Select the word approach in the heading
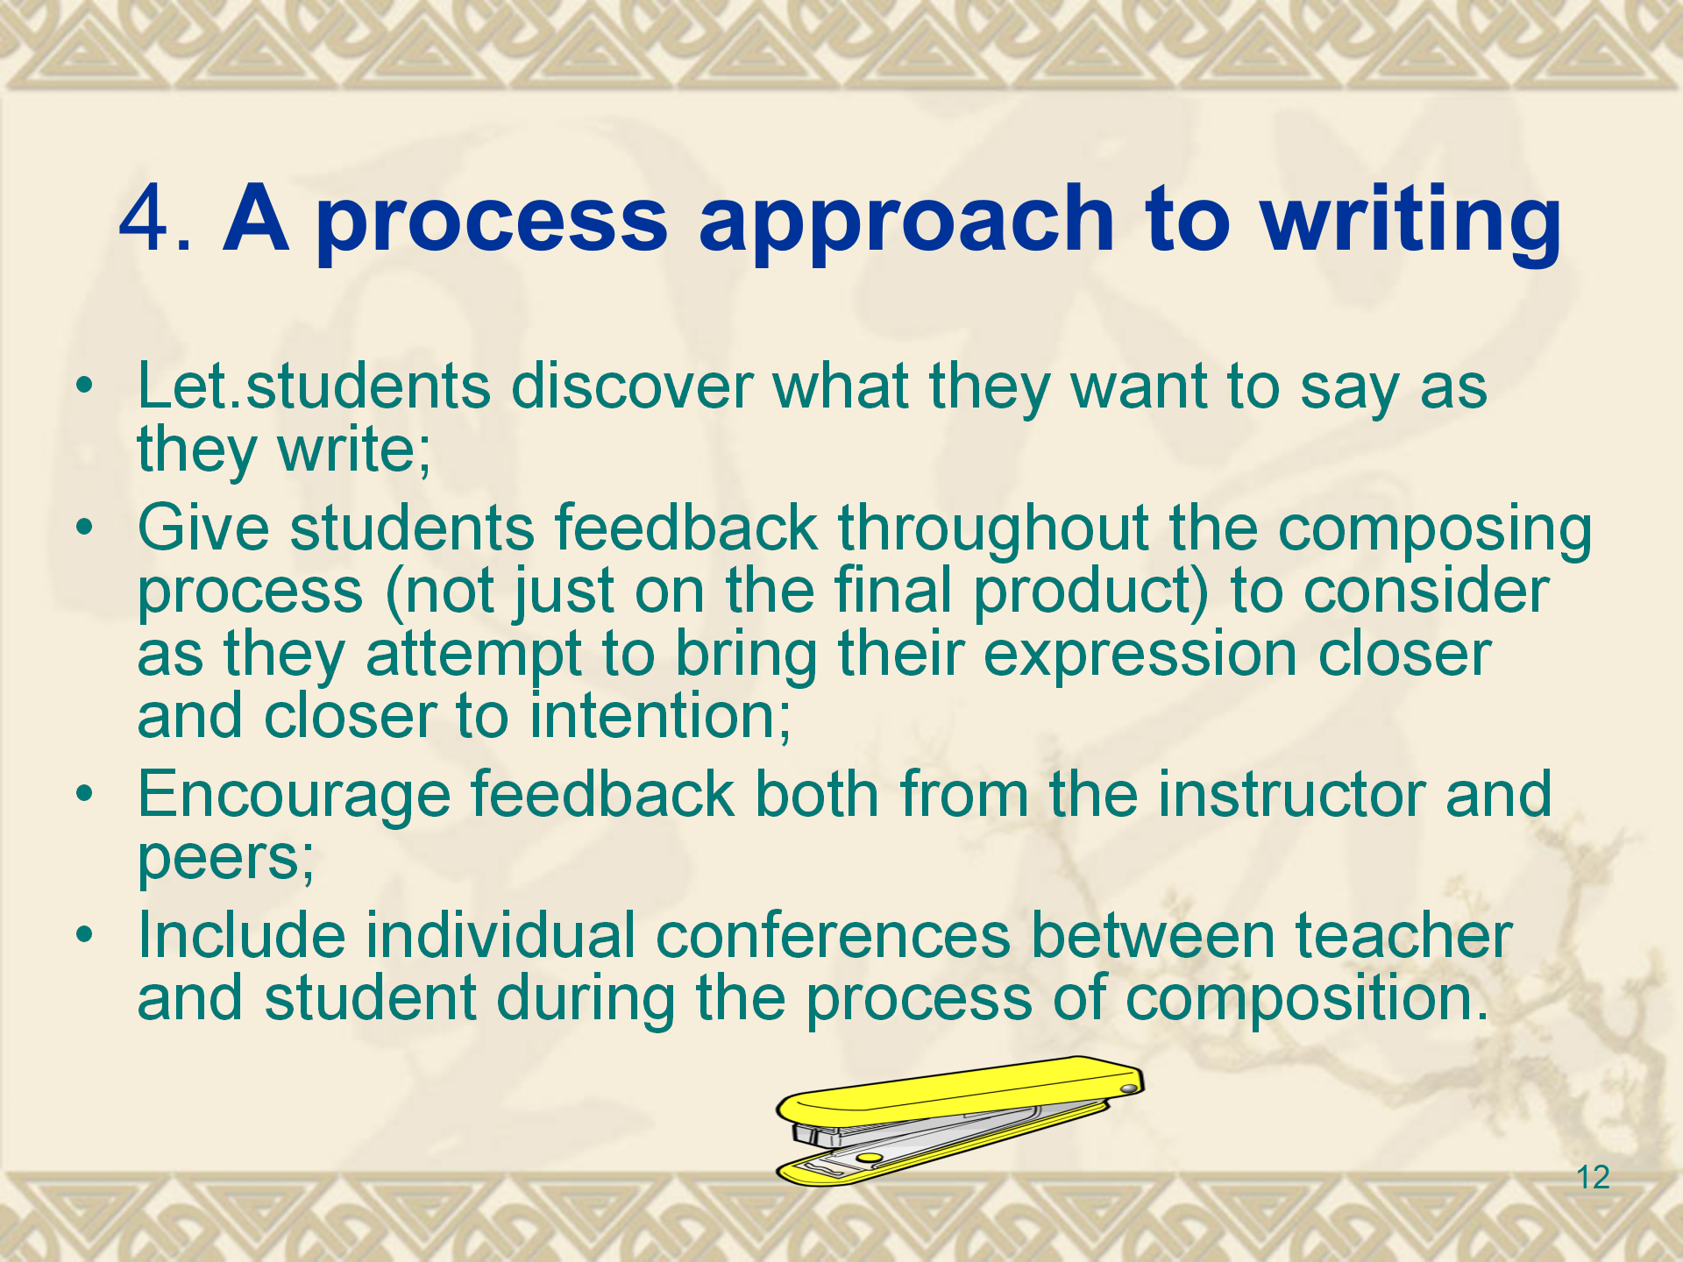pyautogui.click(x=905, y=223)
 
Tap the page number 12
pyautogui.click(x=1593, y=1177)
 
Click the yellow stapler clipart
pyautogui.click(x=960, y=1121)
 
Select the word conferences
pyautogui.click(x=833, y=935)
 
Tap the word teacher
pyautogui.click(x=1403, y=935)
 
